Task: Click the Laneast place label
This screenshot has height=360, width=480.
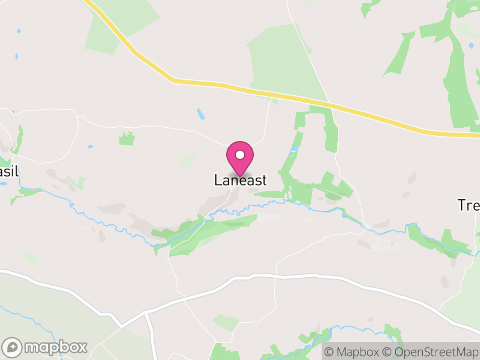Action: tap(240, 180)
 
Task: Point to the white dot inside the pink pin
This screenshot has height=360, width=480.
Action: tap(240, 155)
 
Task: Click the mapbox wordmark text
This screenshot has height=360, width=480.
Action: tap(56, 347)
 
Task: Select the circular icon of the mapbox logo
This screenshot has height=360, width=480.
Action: tap(13, 347)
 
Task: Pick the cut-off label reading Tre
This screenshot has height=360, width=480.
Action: tap(469, 205)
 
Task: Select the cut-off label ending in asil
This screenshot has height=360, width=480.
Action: tap(9, 172)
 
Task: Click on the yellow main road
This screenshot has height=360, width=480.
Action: tap(270, 93)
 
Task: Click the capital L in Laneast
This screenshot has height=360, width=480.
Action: tap(218, 180)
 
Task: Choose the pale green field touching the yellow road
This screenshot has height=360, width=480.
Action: tap(282, 60)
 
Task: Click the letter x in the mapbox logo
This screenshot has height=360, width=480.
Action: tap(82, 347)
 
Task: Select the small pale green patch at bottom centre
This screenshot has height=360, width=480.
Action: tap(226, 323)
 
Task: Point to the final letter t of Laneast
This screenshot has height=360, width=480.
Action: tap(263, 180)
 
